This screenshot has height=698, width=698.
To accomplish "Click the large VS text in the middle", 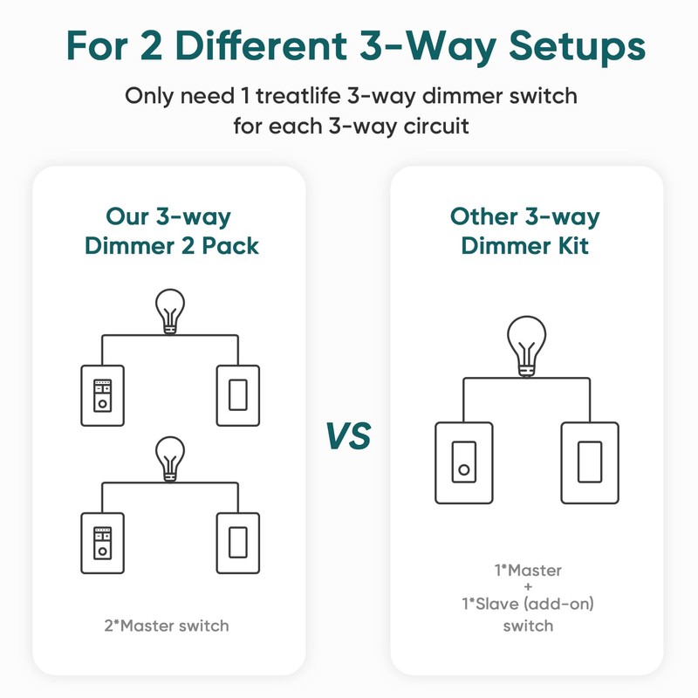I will point(349,435).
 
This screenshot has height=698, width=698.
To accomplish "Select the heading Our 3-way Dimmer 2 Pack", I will point(171,231).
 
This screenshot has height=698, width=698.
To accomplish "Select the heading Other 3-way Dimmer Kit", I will point(525,231).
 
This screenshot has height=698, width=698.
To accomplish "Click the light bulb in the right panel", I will point(525,346).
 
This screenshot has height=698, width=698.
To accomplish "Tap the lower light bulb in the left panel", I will point(171,458).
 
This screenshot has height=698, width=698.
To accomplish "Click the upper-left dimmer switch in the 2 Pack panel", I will point(104,395).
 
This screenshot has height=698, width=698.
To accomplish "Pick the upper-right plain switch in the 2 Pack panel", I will point(238,395).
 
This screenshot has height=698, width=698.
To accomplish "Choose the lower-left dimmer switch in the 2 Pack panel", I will point(104,543).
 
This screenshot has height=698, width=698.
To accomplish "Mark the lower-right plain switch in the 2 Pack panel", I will point(238,543).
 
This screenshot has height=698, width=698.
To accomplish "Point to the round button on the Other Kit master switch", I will point(463,471).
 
